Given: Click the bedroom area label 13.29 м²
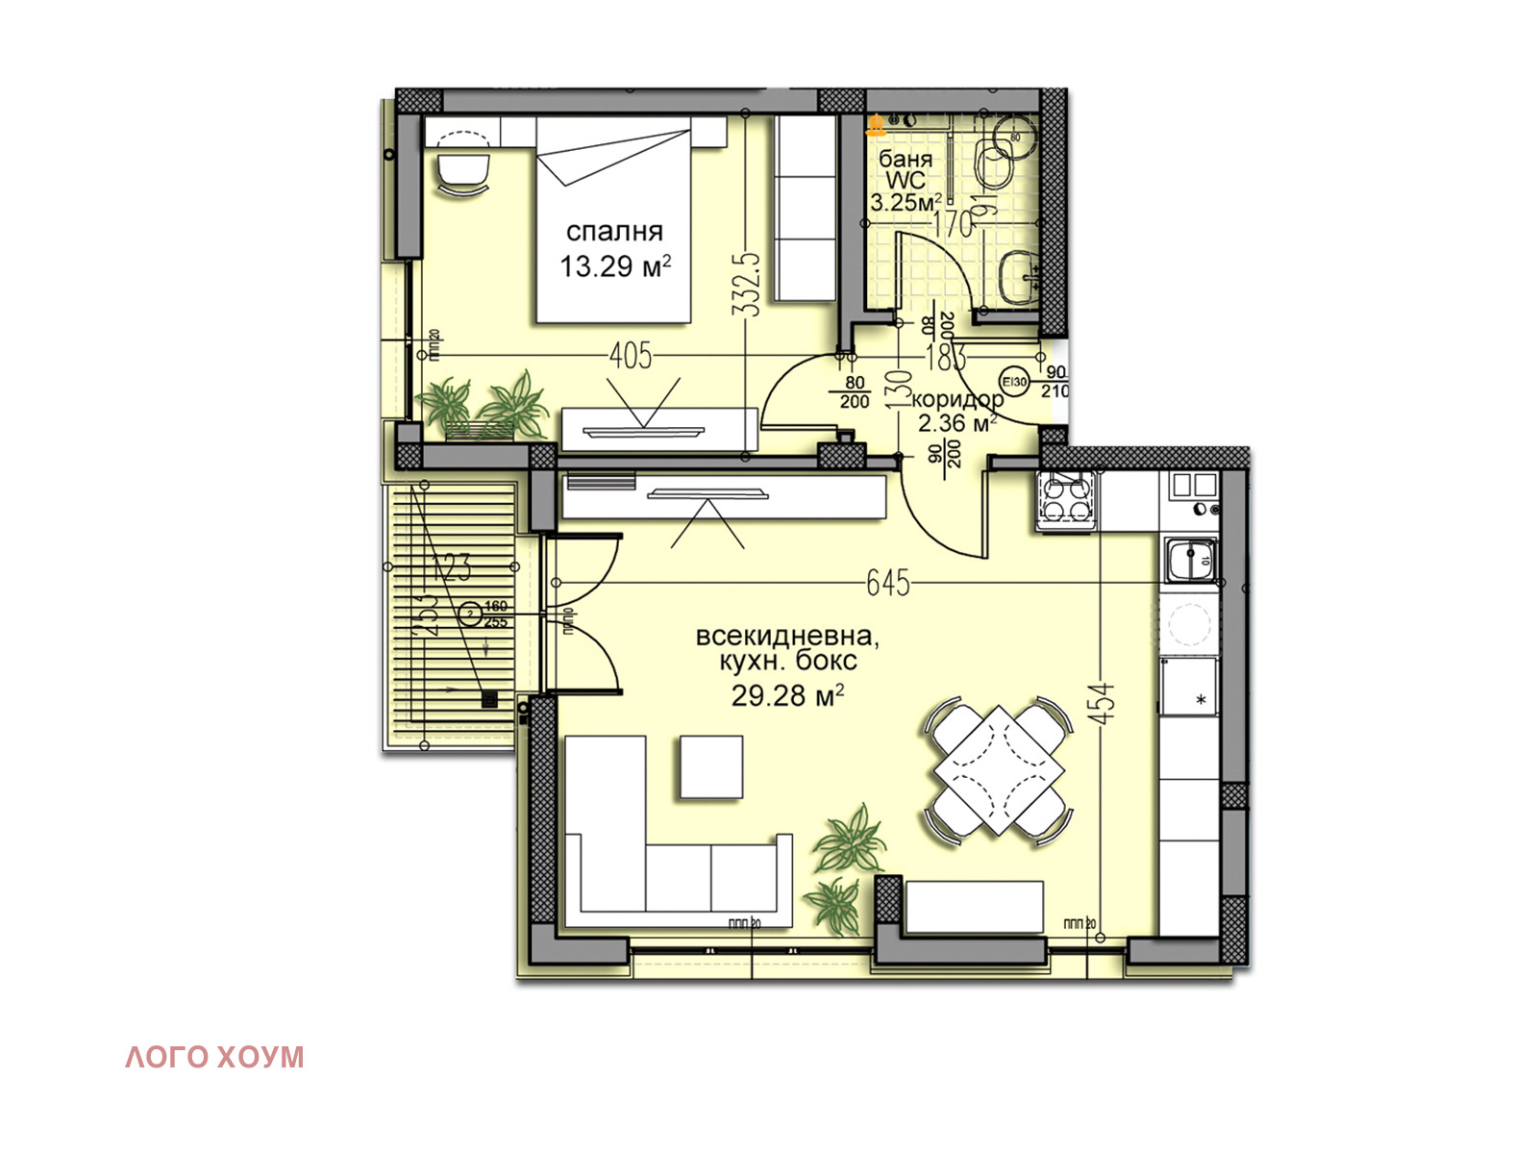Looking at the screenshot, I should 615,265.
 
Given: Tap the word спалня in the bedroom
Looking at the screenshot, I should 614,231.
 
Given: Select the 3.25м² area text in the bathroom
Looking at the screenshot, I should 905,202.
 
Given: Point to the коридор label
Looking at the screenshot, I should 956,399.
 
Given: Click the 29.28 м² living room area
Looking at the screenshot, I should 787,695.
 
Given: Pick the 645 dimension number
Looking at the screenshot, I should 888,583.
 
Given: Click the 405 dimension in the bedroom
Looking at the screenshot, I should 631,356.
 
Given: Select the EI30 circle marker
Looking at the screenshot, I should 1015,381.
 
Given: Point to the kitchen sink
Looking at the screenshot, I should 1191,561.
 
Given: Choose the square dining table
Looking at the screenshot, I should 1000,769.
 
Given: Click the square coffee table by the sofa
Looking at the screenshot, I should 711,766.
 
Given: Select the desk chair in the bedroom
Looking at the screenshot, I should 462,170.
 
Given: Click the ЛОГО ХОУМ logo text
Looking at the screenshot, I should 214,1057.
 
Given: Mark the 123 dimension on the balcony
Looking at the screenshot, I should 452,567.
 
